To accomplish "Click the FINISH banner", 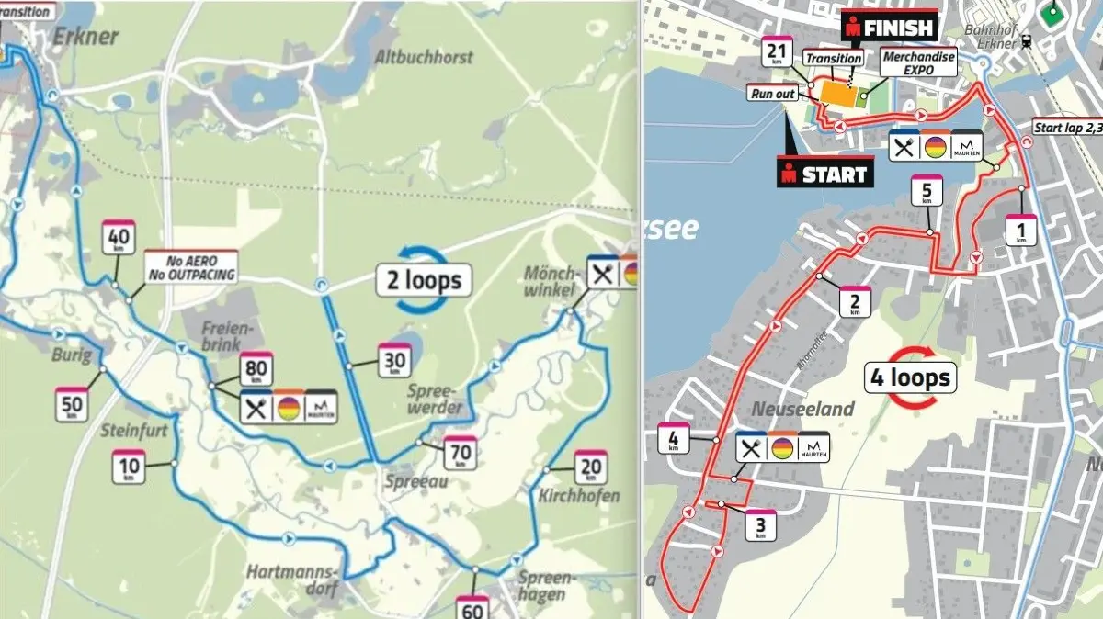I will pyautogui.click(x=889, y=28).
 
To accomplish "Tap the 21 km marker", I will pyautogui.click(x=777, y=54).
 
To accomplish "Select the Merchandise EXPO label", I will pyautogui.click(x=918, y=62).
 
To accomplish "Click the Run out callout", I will pyautogui.click(x=772, y=94).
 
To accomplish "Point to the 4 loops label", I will pyautogui.click(x=907, y=377).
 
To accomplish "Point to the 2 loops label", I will pyautogui.click(x=424, y=278).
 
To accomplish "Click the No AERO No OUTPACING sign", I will pyautogui.click(x=191, y=267).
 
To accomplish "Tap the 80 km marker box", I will pyautogui.click(x=256, y=369).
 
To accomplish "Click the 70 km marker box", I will pyautogui.click(x=460, y=452).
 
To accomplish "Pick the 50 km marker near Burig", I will pyautogui.click(x=72, y=405).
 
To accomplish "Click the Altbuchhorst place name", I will pyautogui.click(x=424, y=57).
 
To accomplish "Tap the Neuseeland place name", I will pyautogui.click(x=802, y=409).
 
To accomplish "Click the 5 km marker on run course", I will pyautogui.click(x=927, y=194).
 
